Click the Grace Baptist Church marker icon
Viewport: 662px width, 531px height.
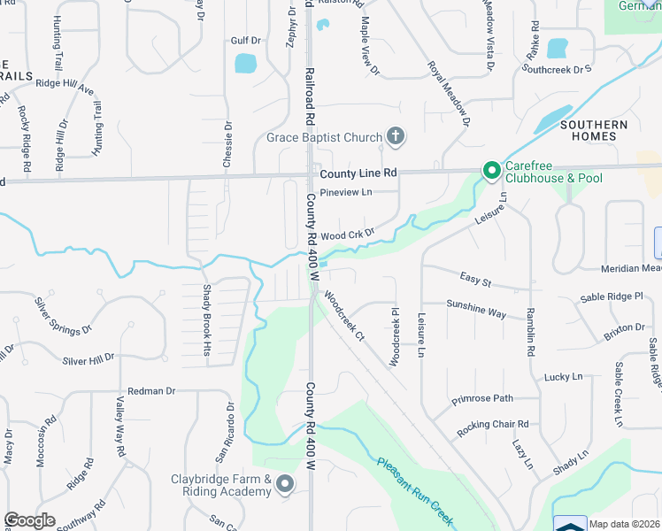(396, 137)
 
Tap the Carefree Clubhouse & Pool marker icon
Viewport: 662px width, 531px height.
(489, 169)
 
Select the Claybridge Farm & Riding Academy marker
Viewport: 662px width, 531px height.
(285, 483)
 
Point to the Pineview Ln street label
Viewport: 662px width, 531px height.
(347, 192)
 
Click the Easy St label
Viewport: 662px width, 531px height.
(475, 280)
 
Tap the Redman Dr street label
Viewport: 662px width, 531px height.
(152, 390)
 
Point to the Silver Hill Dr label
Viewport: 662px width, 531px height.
(89, 359)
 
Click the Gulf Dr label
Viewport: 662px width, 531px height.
(245, 41)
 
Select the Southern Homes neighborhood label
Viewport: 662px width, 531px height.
(593, 131)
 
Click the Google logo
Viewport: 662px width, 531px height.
(29, 520)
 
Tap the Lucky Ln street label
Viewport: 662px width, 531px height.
(564, 376)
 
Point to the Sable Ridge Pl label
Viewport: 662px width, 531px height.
(612, 296)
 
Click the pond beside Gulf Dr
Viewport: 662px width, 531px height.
(245, 64)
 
